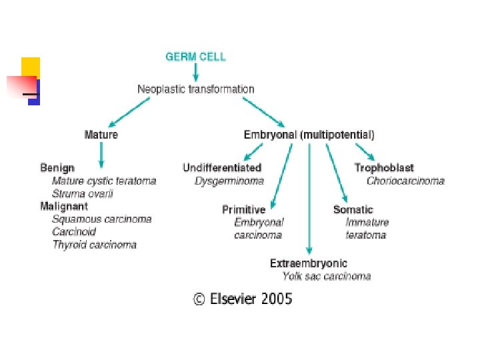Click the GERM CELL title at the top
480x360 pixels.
coord(195,57)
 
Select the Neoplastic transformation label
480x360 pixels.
coord(195,89)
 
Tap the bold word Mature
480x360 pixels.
coord(101,135)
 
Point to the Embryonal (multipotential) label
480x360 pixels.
coord(309,135)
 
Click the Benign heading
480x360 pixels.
coord(57,168)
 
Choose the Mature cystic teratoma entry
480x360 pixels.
coord(104,181)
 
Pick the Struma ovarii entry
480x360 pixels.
coord(83,193)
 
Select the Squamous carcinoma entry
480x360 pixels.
coord(102,219)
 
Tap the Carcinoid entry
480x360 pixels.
coord(74,232)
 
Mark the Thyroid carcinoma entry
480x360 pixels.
coord(95,245)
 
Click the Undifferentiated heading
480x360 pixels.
coord(222,168)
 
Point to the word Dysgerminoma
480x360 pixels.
coord(229,181)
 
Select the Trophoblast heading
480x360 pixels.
coord(384,168)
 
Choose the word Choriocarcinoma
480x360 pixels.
coord(405,181)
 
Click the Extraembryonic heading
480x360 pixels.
coord(309,263)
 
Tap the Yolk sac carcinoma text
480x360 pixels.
coord(327,276)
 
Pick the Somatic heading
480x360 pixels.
coord(353,209)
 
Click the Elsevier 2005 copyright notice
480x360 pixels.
coord(243,299)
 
